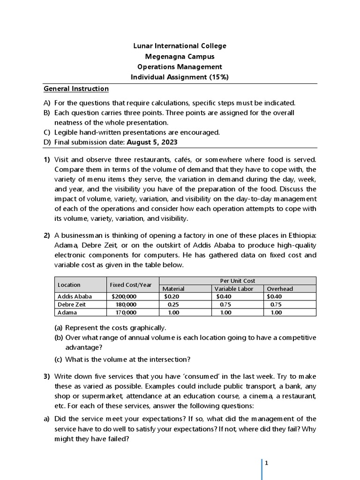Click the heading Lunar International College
[x=180, y=46]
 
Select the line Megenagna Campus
[x=180, y=56]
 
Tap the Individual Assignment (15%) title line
[x=180, y=77]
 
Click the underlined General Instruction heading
[x=76, y=89]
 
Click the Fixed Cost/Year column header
[x=131, y=285]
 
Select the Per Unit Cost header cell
[x=238, y=281]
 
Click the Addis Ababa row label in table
[x=75, y=296]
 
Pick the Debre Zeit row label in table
[x=73, y=304]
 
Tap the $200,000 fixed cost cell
[x=124, y=296]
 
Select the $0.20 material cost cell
[x=172, y=296]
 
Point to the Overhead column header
[x=279, y=289]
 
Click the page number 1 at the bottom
[x=266, y=463]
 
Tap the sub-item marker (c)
[x=58, y=359]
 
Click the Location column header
[x=69, y=285]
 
